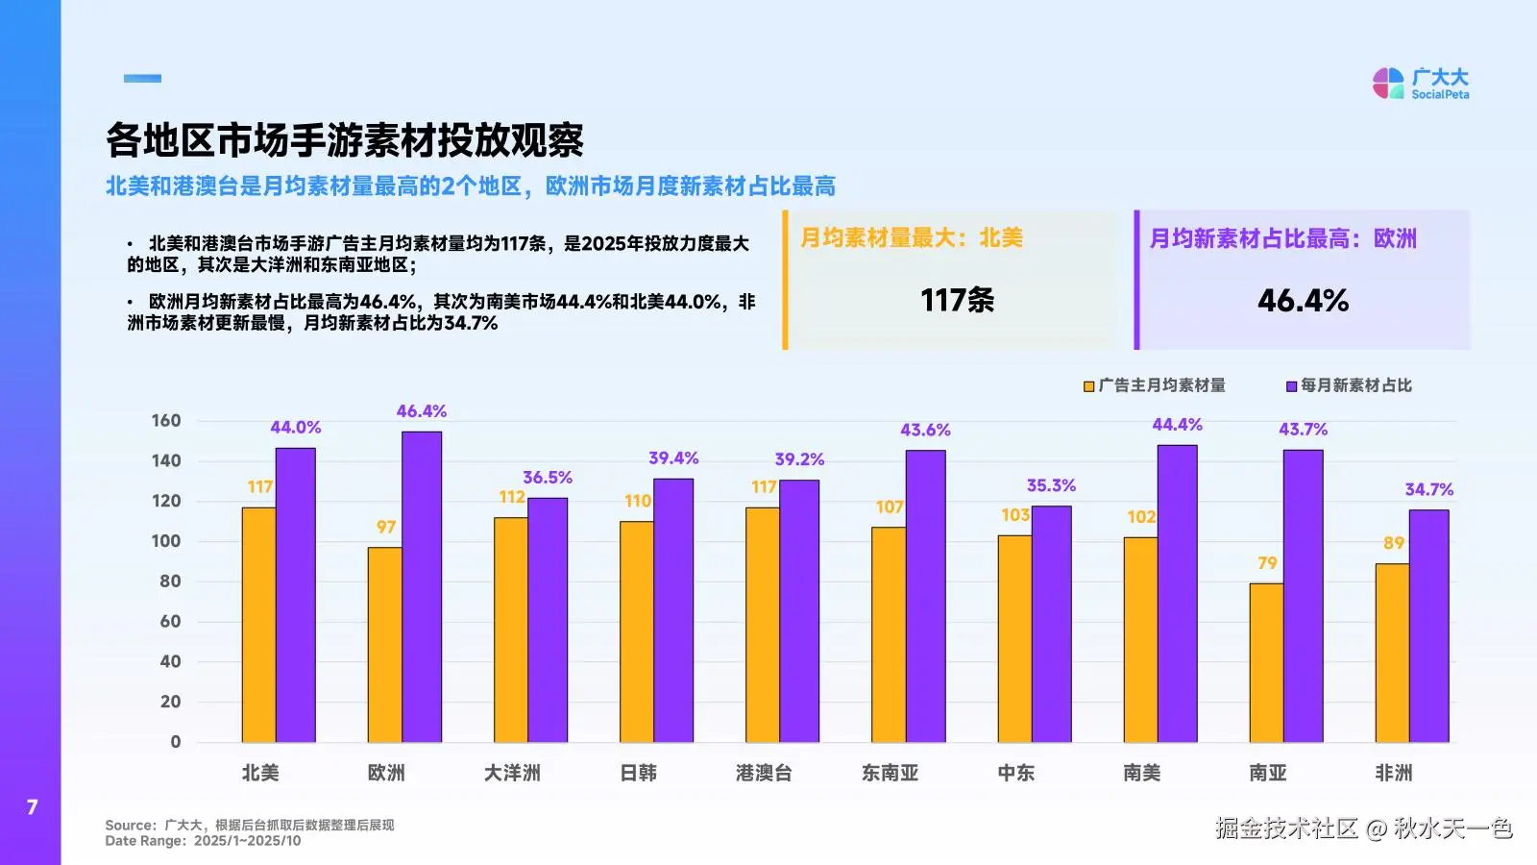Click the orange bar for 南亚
click(x=1266, y=663)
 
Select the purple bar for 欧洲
click(x=422, y=586)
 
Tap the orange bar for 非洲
click(x=1392, y=653)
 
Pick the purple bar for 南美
click(x=1177, y=593)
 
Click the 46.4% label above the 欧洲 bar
click(x=422, y=411)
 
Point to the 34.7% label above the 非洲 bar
click(x=1429, y=490)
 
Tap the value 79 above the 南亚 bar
click(x=1267, y=563)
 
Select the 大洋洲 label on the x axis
click(x=512, y=773)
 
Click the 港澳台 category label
click(x=764, y=773)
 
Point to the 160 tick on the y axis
click(x=166, y=421)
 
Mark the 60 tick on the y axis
click(x=170, y=622)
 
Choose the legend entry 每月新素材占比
click(x=1349, y=385)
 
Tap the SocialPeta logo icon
click(x=1388, y=84)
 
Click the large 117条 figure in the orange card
click(x=957, y=301)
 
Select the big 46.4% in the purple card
click(x=1303, y=301)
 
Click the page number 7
click(x=33, y=807)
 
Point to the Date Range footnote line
click(x=203, y=841)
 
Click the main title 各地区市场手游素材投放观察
click(x=344, y=141)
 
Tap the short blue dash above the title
click(x=142, y=79)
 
